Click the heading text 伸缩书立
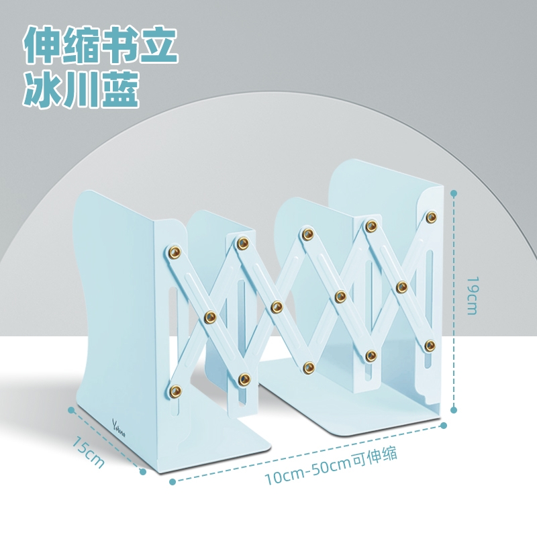(x=101, y=45)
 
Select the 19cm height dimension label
(x=472, y=295)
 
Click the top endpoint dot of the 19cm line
(x=454, y=193)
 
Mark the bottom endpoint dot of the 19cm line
(x=454, y=409)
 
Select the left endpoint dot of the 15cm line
(x=71, y=408)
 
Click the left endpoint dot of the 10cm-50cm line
(x=173, y=481)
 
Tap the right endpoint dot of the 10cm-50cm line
(x=444, y=424)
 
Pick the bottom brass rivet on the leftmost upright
(x=177, y=389)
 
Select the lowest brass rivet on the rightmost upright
(x=430, y=346)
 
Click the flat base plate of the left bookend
(x=215, y=446)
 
